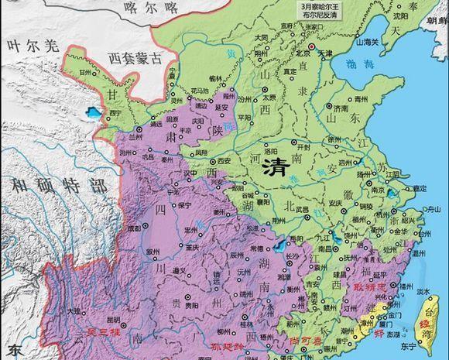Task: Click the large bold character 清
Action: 278,166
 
